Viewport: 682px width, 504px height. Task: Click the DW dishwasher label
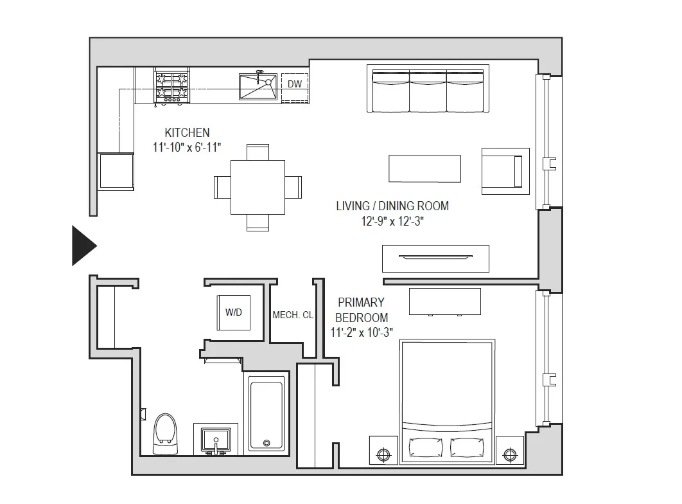(294, 84)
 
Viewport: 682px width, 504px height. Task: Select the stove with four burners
(171, 87)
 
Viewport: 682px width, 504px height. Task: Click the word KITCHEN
(187, 132)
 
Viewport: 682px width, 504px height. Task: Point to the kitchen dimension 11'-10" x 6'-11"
(187, 147)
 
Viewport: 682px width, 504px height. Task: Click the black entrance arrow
(83, 246)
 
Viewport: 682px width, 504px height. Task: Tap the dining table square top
(258, 187)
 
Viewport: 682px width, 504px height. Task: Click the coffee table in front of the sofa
(424, 168)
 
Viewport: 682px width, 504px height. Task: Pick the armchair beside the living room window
(505, 171)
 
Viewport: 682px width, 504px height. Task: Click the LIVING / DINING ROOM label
(392, 206)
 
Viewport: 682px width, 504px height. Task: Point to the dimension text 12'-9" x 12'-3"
(392, 221)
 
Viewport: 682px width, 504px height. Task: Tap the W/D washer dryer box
(234, 312)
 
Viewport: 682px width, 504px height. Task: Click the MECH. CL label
(293, 315)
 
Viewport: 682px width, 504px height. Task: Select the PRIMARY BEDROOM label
(361, 309)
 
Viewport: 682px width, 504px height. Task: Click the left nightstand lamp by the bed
(383, 454)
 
